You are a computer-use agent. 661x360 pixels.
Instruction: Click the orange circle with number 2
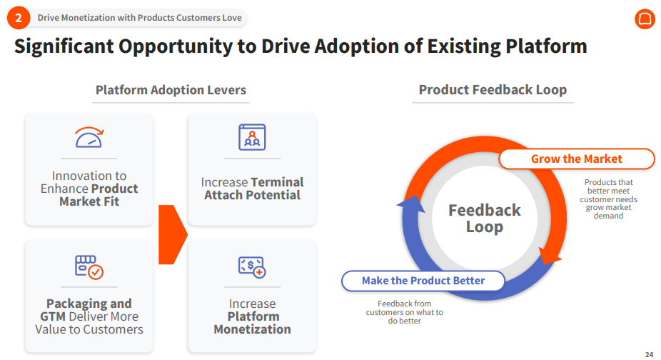(19, 18)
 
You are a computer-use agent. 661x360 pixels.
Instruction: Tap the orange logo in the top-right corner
(645, 19)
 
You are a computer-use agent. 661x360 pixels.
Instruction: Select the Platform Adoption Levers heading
(171, 90)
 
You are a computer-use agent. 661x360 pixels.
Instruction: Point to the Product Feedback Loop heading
(493, 90)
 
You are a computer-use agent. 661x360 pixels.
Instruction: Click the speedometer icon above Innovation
(89, 137)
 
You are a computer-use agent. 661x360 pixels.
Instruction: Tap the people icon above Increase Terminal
(252, 137)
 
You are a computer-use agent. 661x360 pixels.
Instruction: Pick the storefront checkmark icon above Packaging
(89, 267)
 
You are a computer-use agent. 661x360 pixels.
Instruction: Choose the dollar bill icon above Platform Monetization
(252, 267)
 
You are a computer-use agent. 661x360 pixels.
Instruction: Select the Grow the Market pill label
(576, 159)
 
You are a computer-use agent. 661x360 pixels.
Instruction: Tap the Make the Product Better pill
(423, 281)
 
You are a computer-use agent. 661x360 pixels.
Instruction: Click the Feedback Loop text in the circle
(485, 218)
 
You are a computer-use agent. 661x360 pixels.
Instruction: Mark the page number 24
(649, 355)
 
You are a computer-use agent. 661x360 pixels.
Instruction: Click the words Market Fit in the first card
(89, 201)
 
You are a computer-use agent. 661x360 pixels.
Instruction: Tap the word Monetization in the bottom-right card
(252, 329)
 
